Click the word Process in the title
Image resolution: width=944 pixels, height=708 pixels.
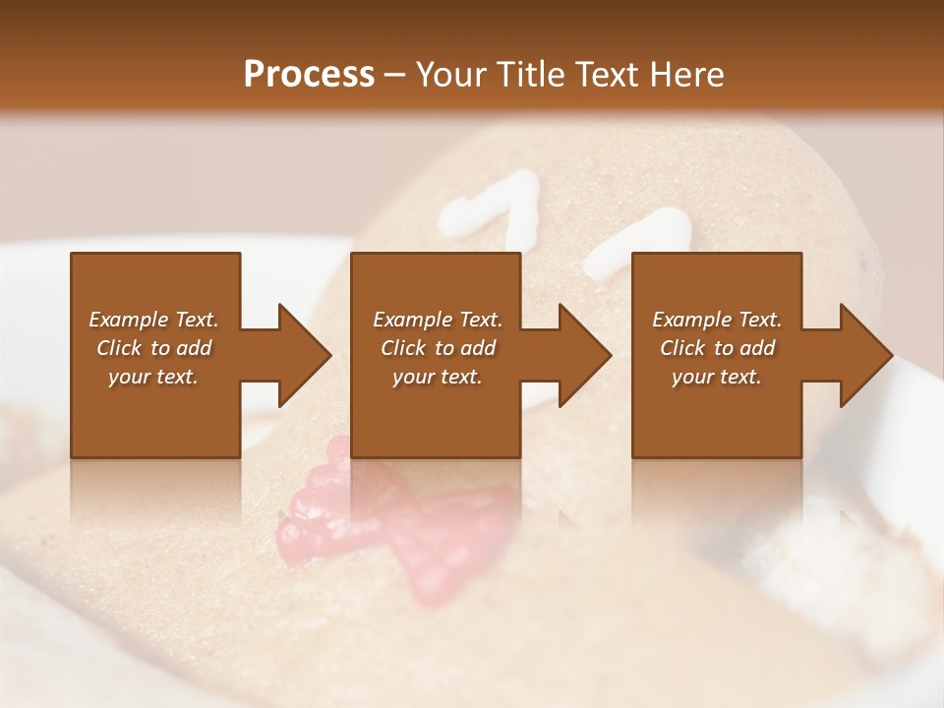[x=309, y=75]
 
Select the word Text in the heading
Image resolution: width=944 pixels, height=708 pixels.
[x=606, y=75]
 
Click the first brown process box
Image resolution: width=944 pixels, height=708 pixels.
[x=155, y=413]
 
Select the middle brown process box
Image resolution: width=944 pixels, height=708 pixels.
[x=436, y=413]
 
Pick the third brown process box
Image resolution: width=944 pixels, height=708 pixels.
[x=716, y=413]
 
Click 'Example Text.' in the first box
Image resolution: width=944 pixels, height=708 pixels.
[x=153, y=320]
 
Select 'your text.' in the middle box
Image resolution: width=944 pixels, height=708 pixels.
[x=437, y=377]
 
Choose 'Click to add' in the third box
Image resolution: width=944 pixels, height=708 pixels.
[x=718, y=348]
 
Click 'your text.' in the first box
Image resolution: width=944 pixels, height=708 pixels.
[x=153, y=377]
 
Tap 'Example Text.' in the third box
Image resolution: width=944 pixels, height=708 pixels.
[x=717, y=320]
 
